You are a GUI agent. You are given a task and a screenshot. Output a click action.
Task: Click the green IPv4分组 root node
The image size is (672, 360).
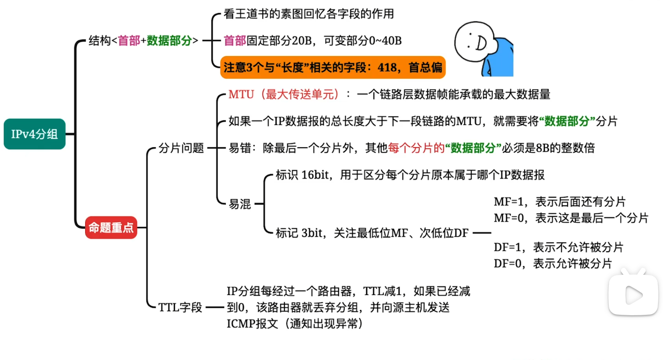coord(35,134)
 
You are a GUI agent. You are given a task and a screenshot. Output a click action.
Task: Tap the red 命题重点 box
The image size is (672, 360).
coord(111,228)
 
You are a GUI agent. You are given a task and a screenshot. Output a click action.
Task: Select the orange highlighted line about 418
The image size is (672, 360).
coord(333,68)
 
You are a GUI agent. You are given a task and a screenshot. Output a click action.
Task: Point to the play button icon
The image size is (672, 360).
coord(633,295)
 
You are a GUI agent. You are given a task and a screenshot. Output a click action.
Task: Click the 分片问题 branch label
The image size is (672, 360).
coord(181,148)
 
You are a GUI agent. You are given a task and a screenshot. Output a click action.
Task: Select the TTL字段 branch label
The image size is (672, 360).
coord(180,307)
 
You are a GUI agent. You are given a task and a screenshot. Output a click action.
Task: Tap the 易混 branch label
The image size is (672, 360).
coord(240,204)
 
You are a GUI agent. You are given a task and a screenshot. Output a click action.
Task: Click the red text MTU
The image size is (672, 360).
coord(241,94)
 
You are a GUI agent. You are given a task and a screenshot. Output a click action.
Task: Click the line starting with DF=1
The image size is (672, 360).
coord(558,247)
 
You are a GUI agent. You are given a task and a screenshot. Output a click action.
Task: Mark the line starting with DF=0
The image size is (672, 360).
coord(553,263)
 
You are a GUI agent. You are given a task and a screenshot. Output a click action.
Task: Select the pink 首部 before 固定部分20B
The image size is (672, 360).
coord(235,40)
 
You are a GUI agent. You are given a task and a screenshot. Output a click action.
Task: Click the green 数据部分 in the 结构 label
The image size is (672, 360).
coord(169,40)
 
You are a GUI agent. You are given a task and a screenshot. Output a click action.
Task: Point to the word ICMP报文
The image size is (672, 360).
coord(252,324)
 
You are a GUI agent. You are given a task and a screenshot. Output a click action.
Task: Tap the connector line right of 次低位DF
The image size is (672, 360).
coord(482,233)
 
